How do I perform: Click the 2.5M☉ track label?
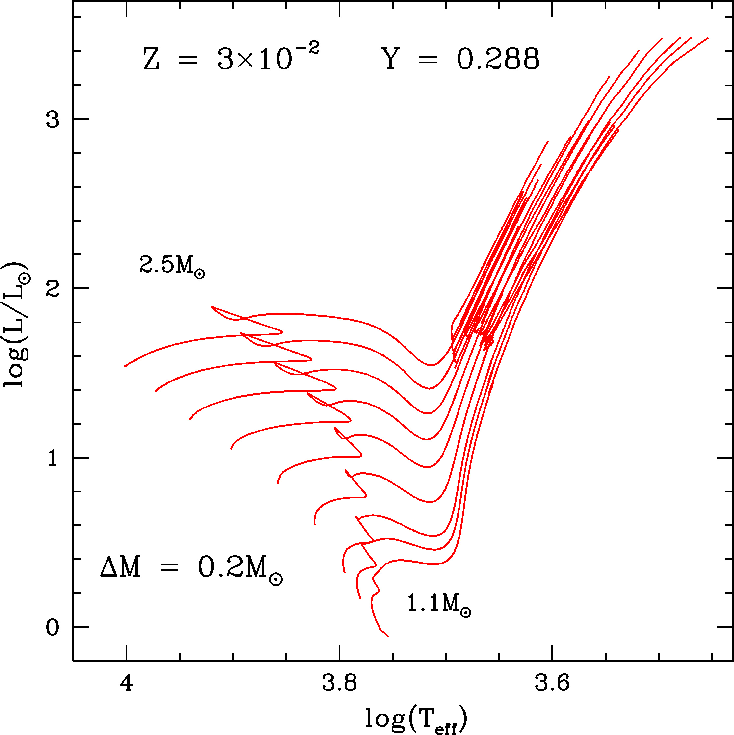click(x=172, y=265)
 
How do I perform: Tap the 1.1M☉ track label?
click(x=439, y=604)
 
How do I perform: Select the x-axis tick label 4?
click(x=126, y=683)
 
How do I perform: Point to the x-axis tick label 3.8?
click(x=339, y=683)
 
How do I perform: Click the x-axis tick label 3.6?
click(x=552, y=683)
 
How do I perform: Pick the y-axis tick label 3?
click(x=53, y=120)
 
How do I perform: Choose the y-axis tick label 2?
click(x=53, y=289)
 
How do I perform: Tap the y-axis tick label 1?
click(x=53, y=459)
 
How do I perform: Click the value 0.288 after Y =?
click(x=498, y=59)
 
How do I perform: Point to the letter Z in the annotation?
click(x=151, y=60)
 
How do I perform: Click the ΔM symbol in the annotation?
click(x=120, y=568)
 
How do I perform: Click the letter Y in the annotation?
click(x=390, y=59)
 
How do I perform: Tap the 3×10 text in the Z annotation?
click(x=254, y=60)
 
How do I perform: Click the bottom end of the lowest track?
click(x=388, y=636)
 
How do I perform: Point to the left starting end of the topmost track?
click(x=125, y=366)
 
